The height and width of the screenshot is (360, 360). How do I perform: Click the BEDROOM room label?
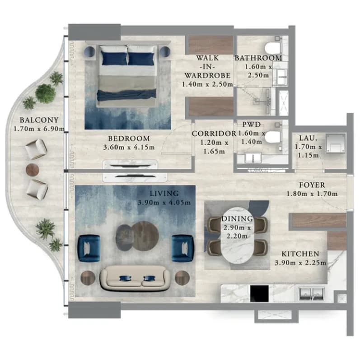(129, 138)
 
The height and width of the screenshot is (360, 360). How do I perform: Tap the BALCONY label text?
(39, 120)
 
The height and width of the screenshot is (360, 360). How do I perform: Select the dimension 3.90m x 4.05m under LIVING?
(164, 203)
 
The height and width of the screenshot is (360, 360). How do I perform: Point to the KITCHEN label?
(300, 254)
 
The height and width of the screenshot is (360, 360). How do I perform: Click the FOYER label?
(312, 185)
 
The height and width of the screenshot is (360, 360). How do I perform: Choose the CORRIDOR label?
(214, 134)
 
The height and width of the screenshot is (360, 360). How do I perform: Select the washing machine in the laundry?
(336, 143)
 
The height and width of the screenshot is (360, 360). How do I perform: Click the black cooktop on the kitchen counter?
(259, 293)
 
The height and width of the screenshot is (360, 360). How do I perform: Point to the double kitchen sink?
(312, 294)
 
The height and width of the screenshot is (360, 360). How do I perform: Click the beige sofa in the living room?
(135, 278)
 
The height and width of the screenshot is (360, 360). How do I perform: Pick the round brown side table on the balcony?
(33, 170)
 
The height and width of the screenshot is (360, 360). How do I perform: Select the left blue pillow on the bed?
(114, 59)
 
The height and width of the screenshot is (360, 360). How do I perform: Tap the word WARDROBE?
(207, 75)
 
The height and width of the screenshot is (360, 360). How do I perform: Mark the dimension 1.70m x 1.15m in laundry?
(308, 151)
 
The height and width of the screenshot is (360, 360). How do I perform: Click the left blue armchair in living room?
(89, 248)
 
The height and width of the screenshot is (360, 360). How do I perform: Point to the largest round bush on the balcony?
(46, 93)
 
